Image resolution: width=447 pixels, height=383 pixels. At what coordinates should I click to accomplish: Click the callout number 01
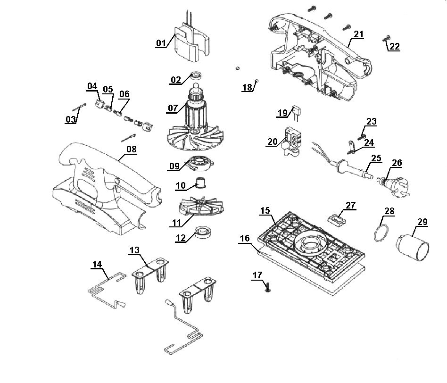(161, 43)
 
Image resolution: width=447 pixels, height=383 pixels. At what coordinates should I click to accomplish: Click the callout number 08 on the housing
(132, 149)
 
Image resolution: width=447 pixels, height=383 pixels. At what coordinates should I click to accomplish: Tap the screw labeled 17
(268, 287)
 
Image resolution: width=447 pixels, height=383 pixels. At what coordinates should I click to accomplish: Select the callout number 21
(359, 34)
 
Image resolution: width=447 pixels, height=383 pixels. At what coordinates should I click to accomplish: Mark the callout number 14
(97, 265)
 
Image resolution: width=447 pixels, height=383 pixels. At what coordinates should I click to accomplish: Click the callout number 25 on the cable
(376, 158)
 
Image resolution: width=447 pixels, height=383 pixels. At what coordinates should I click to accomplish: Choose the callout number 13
(134, 250)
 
